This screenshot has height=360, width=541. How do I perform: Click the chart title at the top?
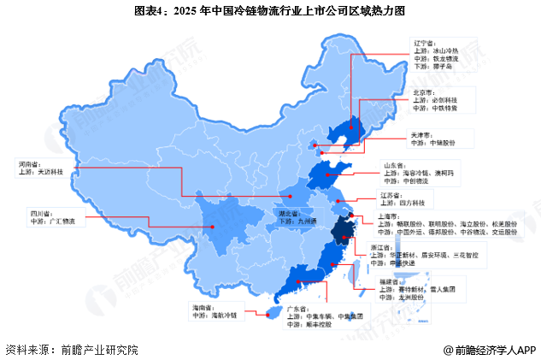(x=270, y=11)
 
